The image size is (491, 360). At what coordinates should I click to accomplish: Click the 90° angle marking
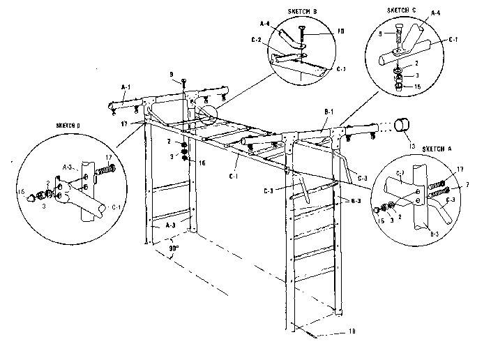(x=172, y=246)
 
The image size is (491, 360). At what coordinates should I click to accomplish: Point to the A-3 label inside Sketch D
(x=67, y=167)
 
